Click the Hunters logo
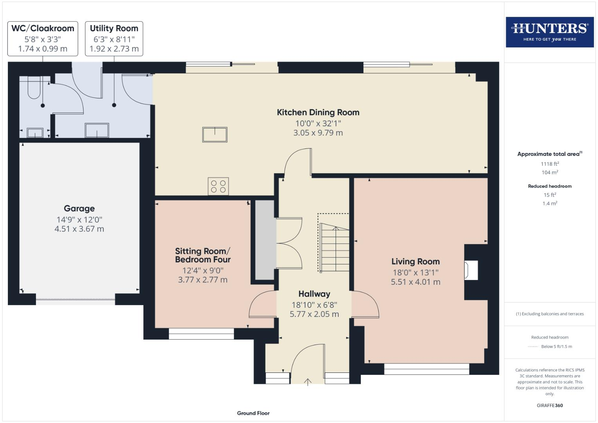(x=549, y=32)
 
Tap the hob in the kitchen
(x=218, y=186)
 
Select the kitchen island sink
(x=215, y=134)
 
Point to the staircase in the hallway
(x=334, y=248)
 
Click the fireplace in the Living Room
(x=471, y=271)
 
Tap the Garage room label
(x=79, y=209)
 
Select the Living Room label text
(x=415, y=262)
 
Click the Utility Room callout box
(x=114, y=39)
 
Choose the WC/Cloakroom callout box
(x=43, y=39)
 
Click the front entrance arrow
(x=308, y=382)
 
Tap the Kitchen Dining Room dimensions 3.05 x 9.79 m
(x=318, y=133)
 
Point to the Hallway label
(x=314, y=294)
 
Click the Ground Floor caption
(x=253, y=413)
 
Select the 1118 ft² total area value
(x=549, y=164)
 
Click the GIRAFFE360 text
(x=549, y=405)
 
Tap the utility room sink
(x=97, y=130)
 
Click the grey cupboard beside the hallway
(x=265, y=240)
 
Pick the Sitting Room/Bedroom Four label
(x=202, y=255)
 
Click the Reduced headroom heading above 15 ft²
(x=549, y=186)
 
